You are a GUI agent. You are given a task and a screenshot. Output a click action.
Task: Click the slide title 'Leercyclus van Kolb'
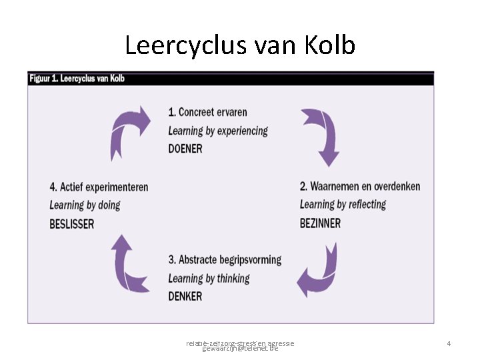240,45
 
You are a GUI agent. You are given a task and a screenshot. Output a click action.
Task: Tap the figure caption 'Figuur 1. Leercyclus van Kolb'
77,79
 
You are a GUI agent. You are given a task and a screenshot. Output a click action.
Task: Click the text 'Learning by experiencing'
218,131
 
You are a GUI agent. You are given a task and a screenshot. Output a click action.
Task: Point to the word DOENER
185,149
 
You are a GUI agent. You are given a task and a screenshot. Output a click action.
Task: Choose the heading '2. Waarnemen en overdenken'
360,186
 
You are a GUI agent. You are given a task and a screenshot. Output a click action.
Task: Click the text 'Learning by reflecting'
343,204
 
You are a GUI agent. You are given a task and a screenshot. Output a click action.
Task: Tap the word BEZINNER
320,223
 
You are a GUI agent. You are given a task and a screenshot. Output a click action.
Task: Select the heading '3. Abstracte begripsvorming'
225,260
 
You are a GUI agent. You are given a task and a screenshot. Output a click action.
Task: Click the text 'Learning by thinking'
209,278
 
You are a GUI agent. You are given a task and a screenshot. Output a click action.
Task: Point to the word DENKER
185,296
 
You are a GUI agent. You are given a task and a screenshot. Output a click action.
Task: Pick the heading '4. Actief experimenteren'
99,187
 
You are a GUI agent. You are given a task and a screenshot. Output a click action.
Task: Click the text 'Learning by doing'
85,205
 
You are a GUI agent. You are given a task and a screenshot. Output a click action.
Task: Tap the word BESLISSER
72,224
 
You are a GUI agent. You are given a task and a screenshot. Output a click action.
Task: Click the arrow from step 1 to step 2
321,135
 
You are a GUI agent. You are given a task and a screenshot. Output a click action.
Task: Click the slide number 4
449,343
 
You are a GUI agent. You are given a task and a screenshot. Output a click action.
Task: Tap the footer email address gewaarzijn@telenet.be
240,349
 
